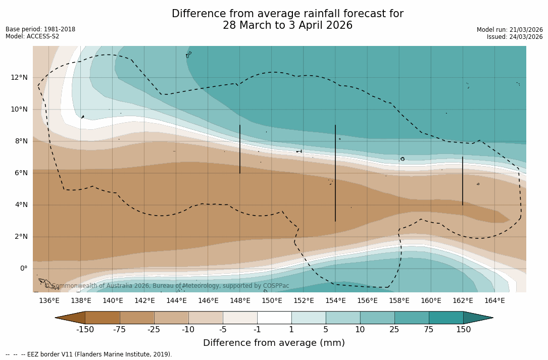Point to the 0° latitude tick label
click(24, 268)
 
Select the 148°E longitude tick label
click(240, 300)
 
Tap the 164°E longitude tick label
click(494, 300)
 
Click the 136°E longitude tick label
click(49, 300)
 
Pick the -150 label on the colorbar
click(85, 330)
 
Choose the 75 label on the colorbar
click(429, 330)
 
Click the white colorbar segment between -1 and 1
click(274, 318)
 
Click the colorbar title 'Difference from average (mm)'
click(274, 343)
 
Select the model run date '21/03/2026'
click(524, 30)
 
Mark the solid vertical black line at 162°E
click(463, 181)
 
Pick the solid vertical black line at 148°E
click(240, 149)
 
